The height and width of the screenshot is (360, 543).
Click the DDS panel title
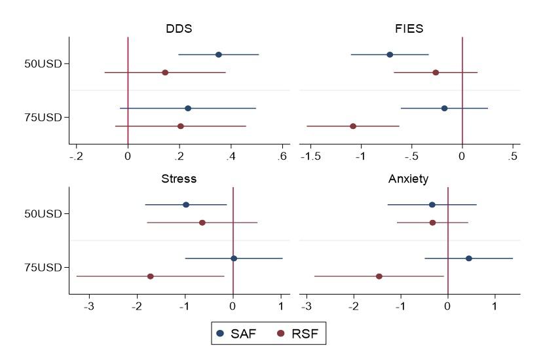(x=178, y=29)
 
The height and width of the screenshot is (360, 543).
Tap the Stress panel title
(x=178, y=179)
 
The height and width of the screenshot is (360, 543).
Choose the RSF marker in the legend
(x=281, y=334)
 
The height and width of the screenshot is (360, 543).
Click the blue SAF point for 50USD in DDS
(x=218, y=54)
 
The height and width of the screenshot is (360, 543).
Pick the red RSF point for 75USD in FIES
(x=353, y=126)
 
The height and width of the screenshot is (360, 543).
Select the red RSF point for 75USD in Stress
(x=151, y=276)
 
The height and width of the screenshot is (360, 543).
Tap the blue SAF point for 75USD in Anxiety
(x=469, y=259)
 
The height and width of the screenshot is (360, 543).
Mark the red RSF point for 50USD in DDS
(x=165, y=72)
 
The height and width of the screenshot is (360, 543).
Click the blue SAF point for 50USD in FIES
(x=390, y=54)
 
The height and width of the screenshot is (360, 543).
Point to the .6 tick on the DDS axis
(x=282, y=156)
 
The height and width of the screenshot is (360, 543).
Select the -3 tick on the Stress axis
(x=89, y=306)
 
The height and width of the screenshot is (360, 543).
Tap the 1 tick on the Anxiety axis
(x=495, y=306)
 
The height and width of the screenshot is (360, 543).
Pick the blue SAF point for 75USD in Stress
(x=234, y=259)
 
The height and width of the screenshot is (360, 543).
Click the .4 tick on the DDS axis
(x=231, y=156)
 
